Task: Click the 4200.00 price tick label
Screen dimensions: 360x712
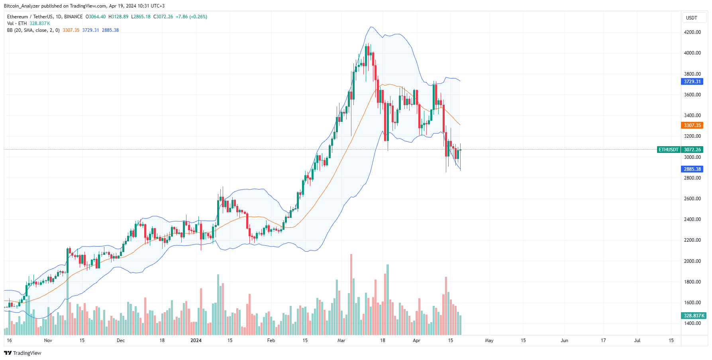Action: tap(692, 32)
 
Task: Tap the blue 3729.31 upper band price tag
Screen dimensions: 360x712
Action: tap(692, 82)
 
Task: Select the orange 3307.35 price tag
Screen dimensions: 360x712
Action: tap(692, 125)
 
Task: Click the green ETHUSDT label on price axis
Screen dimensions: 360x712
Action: tap(668, 150)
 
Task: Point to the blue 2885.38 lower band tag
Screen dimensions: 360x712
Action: tap(692, 169)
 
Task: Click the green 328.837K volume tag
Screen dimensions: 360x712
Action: tap(694, 316)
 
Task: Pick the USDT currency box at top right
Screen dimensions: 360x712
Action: tap(691, 18)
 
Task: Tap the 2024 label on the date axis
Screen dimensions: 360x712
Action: tap(196, 340)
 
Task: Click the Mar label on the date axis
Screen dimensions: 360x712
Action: tap(341, 340)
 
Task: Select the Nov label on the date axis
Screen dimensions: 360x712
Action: tap(48, 340)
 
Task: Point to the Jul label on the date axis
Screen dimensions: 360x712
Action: tap(637, 340)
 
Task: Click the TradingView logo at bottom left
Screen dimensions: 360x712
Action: tap(23, 353)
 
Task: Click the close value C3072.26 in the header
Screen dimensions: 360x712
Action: tap(163, 17)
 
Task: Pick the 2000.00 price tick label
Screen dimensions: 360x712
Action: tap(692, 261)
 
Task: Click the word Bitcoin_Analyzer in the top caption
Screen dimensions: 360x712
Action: tap(22, 6)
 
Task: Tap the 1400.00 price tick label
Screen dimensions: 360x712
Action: tap(692, 323)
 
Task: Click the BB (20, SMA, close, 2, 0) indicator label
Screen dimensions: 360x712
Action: tap(33, 30)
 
